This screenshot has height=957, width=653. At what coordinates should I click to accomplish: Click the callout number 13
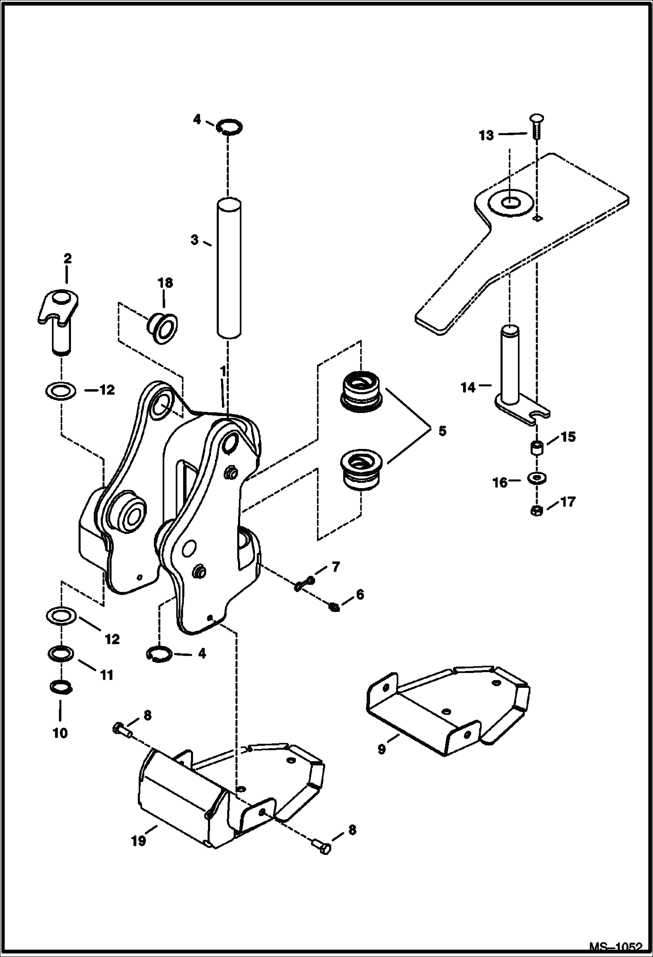coord(486,136)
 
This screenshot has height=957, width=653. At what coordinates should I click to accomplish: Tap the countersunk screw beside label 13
coord(536,126)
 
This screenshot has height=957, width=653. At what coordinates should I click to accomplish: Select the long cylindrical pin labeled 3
coord(229,268)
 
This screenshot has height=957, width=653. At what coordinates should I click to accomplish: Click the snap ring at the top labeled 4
coord(230,126)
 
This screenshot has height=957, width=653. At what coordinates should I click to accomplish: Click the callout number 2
coord(67,259)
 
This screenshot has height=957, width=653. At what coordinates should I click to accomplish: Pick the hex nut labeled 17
coord(537,511)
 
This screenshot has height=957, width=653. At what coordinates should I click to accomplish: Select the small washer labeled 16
coord(537,478)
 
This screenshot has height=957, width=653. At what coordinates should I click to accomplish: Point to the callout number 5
coord(442,431)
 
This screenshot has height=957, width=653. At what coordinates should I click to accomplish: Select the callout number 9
coord(381,750)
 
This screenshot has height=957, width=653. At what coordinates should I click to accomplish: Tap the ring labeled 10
coord(60,687)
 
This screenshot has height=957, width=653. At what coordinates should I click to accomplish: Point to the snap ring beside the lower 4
coord(156,654)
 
